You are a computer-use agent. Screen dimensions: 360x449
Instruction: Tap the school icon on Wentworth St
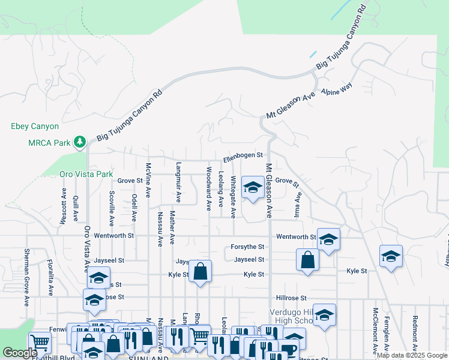click(x=328, y=240)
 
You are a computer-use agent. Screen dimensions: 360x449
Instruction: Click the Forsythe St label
click(x=247, y=247)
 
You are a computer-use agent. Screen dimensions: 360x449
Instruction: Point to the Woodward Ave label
click(x=209, y=188)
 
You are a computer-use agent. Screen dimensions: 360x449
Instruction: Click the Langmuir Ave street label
click(x=178, y=182)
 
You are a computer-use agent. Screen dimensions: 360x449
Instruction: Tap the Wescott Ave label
click(x=63, y=206)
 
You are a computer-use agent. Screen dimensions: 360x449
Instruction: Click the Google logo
click(x=20, y=353)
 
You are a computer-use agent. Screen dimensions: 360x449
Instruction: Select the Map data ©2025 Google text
click(x=412, y=355)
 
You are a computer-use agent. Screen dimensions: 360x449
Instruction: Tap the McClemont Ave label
click(x=375, y=329)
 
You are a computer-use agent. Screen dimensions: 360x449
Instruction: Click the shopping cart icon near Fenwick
click(x=39, y=343)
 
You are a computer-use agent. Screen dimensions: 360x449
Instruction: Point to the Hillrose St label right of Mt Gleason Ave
click(x=291, y=298)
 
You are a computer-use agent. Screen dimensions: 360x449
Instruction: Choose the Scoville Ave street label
click(x=112, y=208)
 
